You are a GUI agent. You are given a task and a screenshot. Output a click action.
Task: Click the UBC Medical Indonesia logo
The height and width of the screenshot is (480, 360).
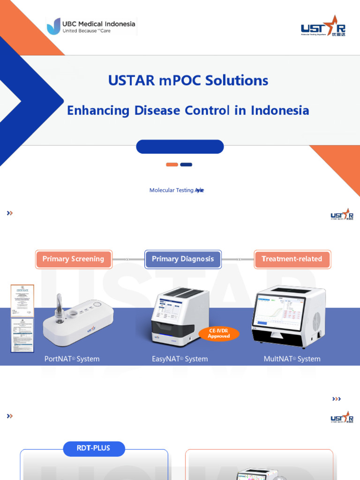[91, 26]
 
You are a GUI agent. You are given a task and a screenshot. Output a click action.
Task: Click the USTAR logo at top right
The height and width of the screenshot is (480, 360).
[323, 26]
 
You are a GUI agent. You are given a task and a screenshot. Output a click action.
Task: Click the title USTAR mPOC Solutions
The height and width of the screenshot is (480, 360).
[188, 80]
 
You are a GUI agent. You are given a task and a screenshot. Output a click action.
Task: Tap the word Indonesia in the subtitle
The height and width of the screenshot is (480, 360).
[280, 111]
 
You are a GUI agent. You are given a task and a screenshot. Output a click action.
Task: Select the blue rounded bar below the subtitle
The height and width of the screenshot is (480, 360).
[180, 147]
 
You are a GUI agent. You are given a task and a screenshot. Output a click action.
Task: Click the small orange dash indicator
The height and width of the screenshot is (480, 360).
[172, 165]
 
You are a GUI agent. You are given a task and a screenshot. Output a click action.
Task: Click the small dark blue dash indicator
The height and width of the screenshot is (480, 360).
[186, 165]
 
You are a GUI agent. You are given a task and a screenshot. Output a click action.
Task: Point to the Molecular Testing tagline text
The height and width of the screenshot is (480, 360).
[176, 190]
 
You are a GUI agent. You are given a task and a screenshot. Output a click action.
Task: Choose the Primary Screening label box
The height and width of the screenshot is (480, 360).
[74, 259]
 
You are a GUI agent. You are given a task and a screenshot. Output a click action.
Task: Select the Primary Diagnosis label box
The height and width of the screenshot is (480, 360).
[183, 259]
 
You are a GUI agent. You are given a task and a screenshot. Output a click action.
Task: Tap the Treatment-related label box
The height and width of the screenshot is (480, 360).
[292, 259]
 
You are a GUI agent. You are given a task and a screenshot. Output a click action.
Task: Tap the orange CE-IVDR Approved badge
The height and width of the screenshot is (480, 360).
[219, 334]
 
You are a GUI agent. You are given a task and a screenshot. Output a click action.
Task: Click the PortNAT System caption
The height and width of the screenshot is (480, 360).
[72, 359]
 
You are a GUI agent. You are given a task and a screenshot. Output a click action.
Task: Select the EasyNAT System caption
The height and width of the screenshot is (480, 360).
[180, 359]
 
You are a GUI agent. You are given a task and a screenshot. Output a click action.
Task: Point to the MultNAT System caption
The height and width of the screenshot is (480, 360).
[292, 359]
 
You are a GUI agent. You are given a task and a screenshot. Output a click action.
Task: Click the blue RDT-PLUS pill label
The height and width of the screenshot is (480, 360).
[94, 449]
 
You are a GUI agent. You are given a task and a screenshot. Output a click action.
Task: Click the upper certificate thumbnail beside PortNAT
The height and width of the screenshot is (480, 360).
[22, 300]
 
